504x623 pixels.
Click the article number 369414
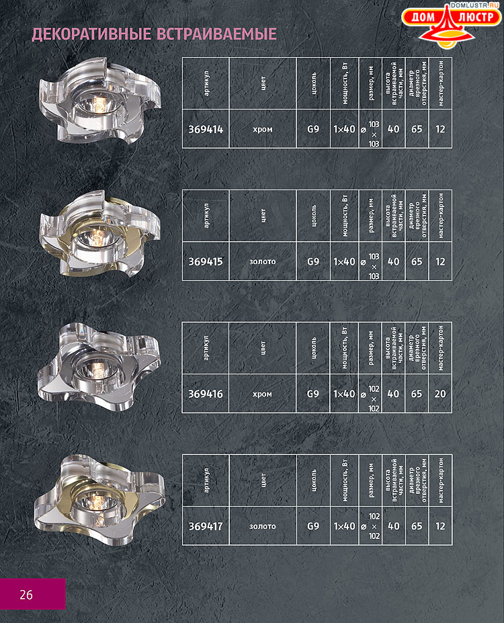click(x=206, y=129)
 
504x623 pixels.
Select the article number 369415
click(x=206, y=261)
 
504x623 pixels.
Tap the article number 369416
click(x=206, y=394)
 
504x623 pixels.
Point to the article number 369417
click(x=206, y=526)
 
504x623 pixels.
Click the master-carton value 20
click(x=440, y=394)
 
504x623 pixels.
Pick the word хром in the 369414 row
click(x=263, y=130)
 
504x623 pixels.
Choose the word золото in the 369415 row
click(x=263, y=261)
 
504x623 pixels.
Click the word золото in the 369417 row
click(x=263, y=526)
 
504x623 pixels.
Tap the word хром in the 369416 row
click(x=262, y=394)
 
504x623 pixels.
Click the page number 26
click(x=26, y=595)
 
